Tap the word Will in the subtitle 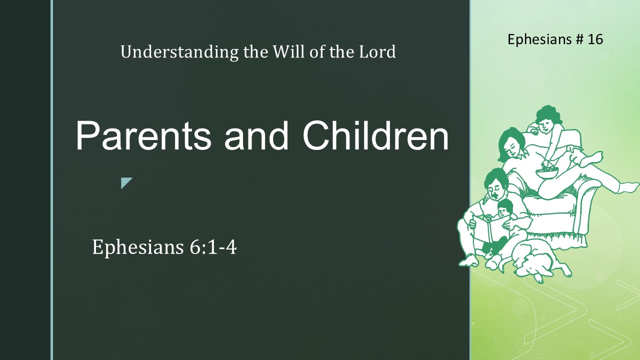coord(289,51)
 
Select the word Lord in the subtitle coord(377,51)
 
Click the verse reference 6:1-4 coord(213,247)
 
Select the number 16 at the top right coord(595,39)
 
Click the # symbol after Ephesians coord(579,39)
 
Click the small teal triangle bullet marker coord(126,182)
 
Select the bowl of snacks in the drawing coord(547,172)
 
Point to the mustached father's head coord(496,184)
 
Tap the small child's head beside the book coord(504,208)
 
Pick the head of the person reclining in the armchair coord(512,144)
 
